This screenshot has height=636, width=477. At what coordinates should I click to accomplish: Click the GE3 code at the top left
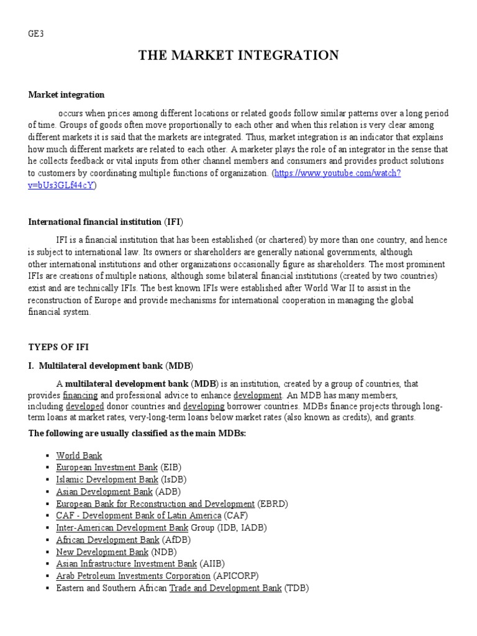coord(36,35)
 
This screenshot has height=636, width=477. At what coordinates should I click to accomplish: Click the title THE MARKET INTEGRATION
coord(238,56)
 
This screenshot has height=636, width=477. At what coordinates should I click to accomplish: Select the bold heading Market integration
coord(66,95)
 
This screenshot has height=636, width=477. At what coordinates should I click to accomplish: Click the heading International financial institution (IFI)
coord(106,222)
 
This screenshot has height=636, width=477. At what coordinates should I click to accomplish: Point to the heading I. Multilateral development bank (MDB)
coord(111,365)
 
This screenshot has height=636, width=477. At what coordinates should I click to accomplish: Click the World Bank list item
coord(79,456)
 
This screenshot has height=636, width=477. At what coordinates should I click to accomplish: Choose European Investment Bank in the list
coord(107,467)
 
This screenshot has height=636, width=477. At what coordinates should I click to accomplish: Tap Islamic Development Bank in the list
coord(107,479)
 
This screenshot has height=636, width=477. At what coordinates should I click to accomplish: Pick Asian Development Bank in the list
coord(104,491)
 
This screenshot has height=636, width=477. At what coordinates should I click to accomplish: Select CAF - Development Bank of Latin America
coord(139,516)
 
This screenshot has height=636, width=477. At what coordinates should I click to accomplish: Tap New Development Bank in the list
coord(102,552)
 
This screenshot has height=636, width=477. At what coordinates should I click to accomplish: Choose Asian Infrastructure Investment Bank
coord(126,564)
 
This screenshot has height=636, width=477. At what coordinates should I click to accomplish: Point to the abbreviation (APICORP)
coord(236,576)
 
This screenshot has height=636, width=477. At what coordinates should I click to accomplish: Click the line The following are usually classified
coord(137,432)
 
